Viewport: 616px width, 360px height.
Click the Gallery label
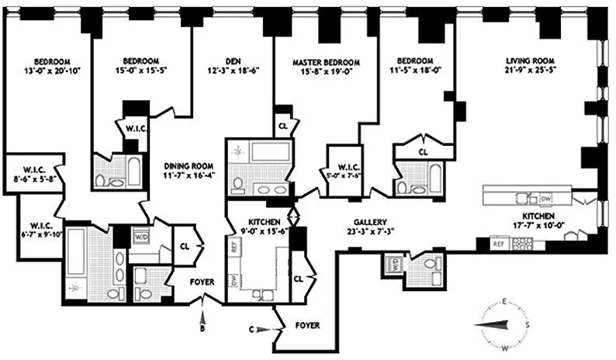[365, 221]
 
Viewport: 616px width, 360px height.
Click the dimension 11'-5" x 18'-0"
[416, 70]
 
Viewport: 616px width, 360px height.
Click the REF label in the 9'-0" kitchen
[235, 248]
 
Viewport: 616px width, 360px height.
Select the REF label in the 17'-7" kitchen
[501, 243]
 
